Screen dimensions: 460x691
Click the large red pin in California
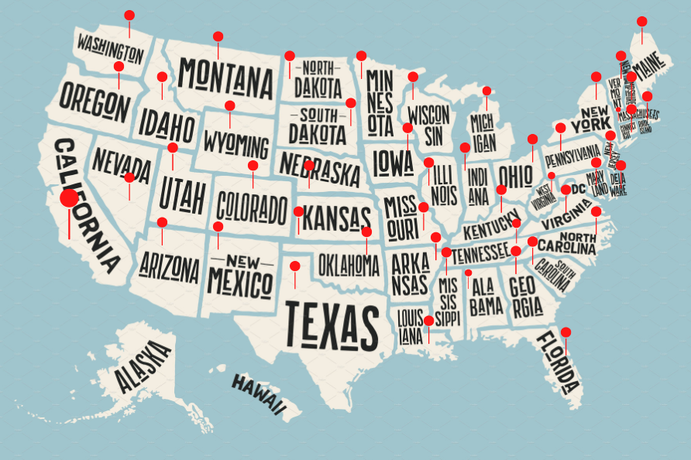(69, 198)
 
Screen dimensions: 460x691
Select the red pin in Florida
(566, 332)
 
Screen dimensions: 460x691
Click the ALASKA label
(143, 367)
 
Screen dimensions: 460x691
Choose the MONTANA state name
(225, 75)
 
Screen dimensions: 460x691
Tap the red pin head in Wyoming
(230, 105)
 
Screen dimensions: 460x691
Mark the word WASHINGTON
(110, 48)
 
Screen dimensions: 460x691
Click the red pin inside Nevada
(129, 177)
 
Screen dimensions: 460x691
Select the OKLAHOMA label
(349, 265)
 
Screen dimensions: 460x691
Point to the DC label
(578, 188)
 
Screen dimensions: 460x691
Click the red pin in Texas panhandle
(295, 266)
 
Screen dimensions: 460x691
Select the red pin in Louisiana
(428, 321)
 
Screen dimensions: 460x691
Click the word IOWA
(394, 163)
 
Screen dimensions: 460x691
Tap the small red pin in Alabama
(468, 273)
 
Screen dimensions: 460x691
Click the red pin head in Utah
(173, 148)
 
